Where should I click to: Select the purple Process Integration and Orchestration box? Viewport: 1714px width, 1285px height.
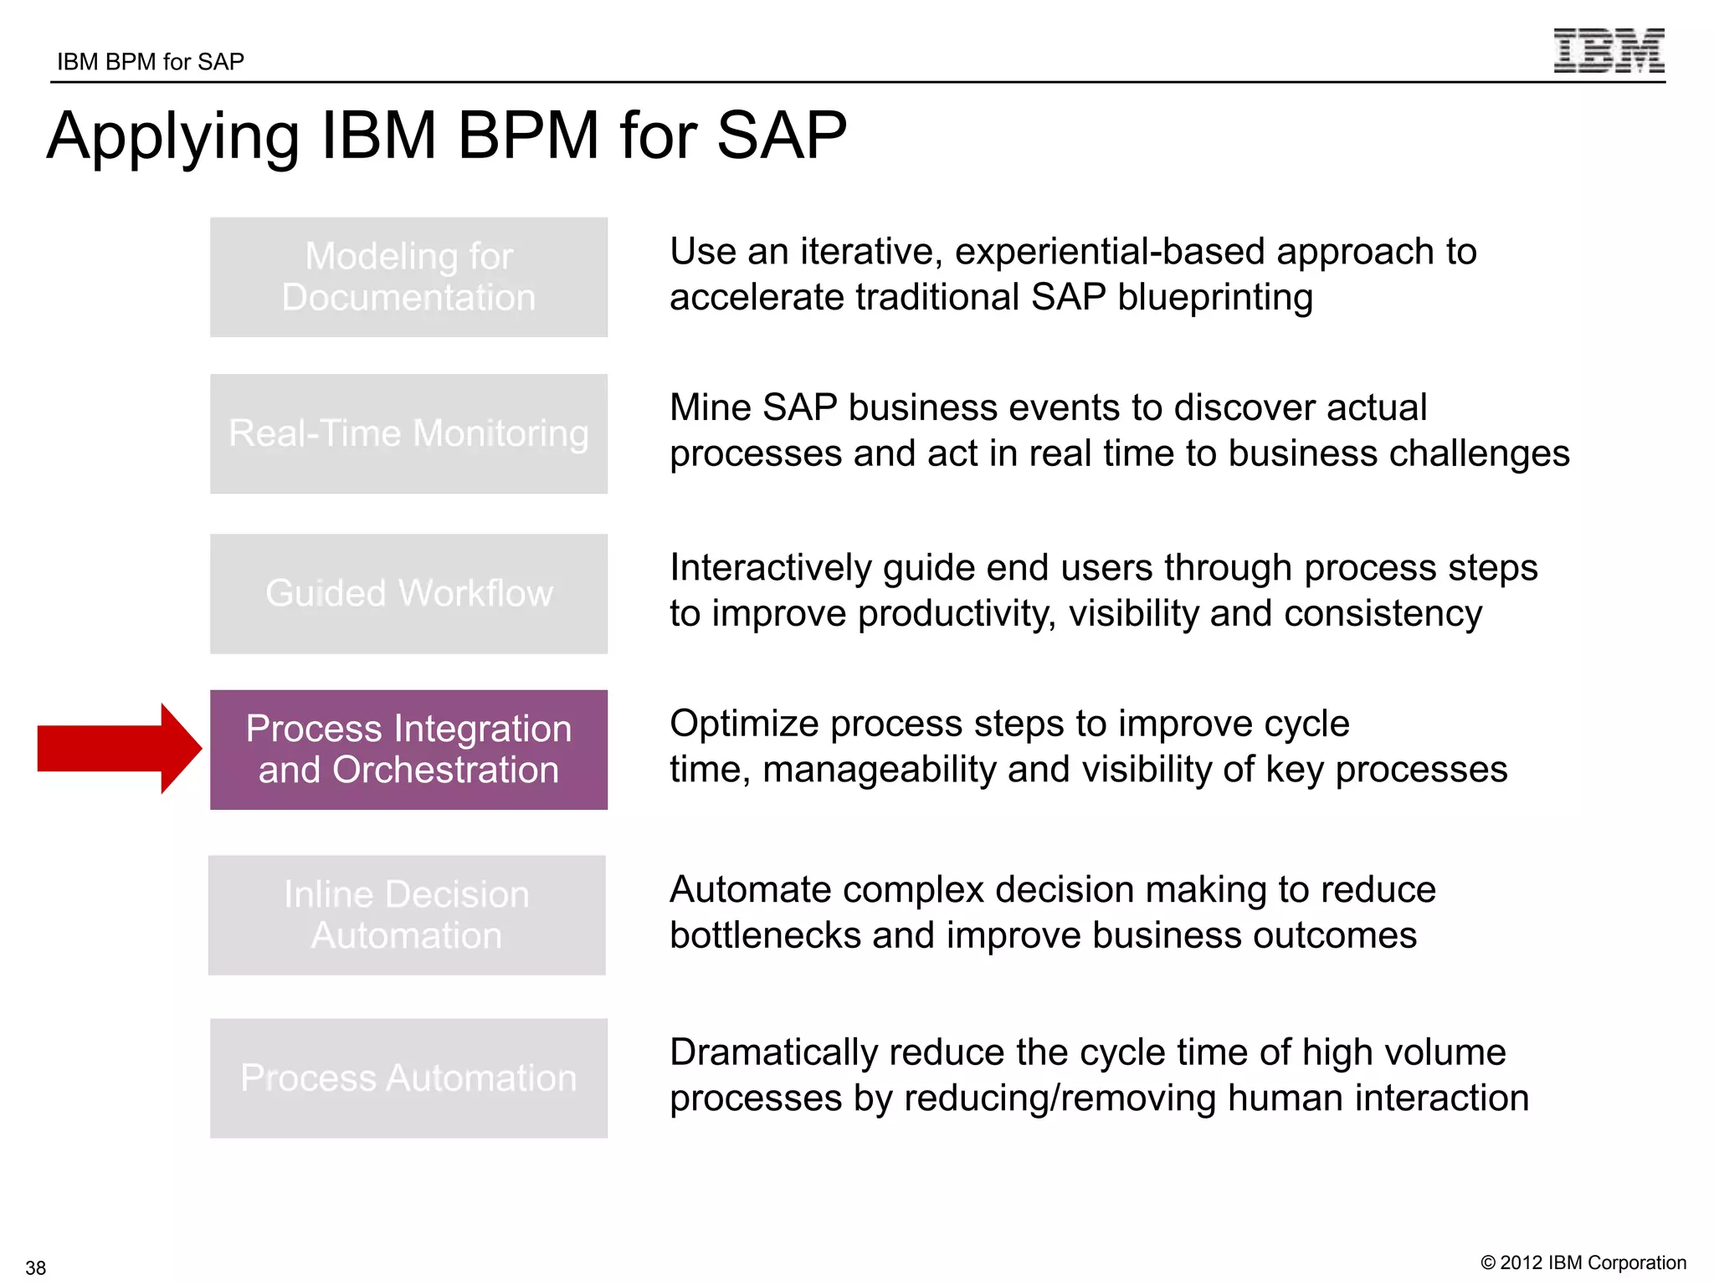coord(408,750)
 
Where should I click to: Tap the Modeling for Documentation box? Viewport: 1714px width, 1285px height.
coord(408,277)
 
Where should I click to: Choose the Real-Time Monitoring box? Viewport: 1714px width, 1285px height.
coord(408,433)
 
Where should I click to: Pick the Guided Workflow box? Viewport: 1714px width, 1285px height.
coord(408,593)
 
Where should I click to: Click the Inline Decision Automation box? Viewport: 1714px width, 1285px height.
coord(407,914)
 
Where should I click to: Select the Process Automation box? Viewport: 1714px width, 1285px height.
coord(408,1078)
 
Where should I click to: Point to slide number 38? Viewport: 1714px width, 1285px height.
coord(36,1267)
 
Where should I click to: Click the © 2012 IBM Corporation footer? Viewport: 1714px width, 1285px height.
coord(1583,1262)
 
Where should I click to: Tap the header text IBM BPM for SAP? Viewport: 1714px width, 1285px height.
coord(151,62)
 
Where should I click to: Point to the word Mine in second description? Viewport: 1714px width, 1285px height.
coord(710,408)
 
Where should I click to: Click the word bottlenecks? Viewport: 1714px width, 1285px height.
coord(765,935)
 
